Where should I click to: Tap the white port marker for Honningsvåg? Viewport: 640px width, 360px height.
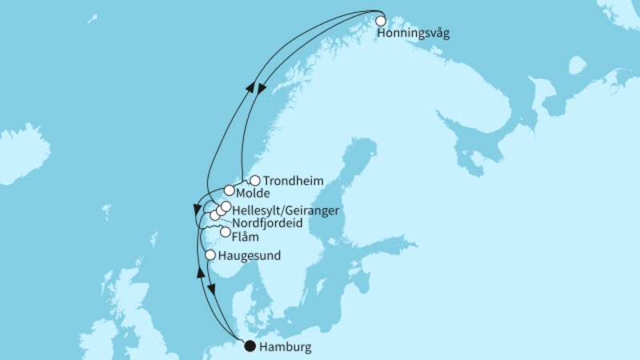[380, 22]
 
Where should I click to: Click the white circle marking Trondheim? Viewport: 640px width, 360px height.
[255, 181]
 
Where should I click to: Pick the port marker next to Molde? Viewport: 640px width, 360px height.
[230, 190]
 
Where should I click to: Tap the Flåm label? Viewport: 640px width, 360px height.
[244, 235]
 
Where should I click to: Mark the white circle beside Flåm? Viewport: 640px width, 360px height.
[225, 233]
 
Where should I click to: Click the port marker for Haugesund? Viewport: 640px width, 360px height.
[210, 255]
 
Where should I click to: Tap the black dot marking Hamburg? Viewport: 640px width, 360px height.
[250, 346]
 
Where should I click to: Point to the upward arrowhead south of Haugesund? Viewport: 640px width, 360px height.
[200, 273]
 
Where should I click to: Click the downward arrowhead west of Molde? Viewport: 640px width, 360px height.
[196, 210]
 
